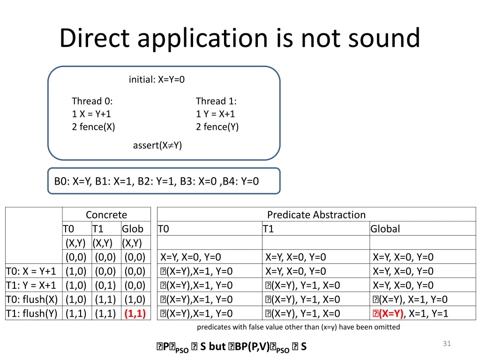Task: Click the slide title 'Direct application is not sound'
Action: click(x=240, y=38)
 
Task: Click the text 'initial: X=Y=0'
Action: click(x=157, y=80)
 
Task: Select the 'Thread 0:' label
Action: click(x=92, y=101)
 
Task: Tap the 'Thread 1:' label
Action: click(x=216, y=101)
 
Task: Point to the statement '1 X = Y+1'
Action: click(x=91, y=114)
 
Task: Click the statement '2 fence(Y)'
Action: click(x=217, y=127)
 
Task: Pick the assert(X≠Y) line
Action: click(x=157, y=145)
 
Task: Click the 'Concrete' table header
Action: click(x=106, y=215)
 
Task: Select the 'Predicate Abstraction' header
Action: click(x=316, y=215)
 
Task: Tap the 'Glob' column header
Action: click(x=132, y=229)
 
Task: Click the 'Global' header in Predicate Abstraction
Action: click(x=385, y=229)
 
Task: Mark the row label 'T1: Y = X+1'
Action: click(x=31, y=285)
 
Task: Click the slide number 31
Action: click(x=447, y=344)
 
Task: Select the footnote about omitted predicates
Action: click(x=298, y=327)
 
